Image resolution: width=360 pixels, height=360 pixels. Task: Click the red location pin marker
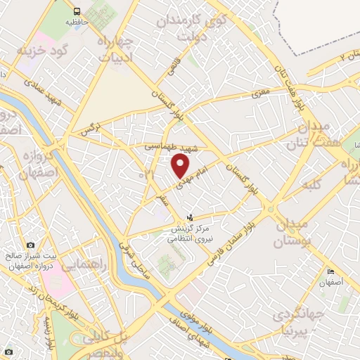tap(181, 166)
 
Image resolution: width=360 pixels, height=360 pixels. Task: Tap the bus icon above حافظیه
tap(76, 11)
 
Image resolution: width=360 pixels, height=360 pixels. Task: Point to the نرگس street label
tap(88, 129)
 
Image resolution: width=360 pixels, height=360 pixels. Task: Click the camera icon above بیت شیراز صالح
tap(30, 245)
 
